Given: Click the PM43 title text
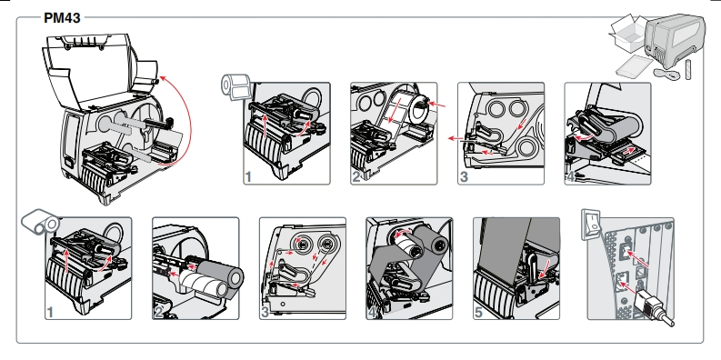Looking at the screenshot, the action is click(62, 18).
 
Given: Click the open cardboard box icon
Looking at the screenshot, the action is click(628, 33).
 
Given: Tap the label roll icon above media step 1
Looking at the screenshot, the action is click(235, 86).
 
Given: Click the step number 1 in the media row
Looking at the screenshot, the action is click(248, 176).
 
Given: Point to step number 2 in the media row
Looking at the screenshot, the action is click(355, 176).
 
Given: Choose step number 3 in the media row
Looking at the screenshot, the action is click(464, 176).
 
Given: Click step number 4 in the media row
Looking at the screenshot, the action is click(571, 176).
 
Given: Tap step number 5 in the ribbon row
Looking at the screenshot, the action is click(478, 312).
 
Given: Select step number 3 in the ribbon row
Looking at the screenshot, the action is click(265, 312).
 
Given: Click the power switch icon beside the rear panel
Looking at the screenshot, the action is click(591, 225).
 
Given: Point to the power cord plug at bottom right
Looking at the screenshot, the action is click(653, 307).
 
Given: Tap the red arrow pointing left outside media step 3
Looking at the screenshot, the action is click(456, 138).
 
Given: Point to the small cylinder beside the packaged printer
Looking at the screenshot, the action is click(688, 69).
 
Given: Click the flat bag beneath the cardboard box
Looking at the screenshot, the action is click(634, 66).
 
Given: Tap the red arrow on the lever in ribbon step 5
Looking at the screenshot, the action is click(545, 270).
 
